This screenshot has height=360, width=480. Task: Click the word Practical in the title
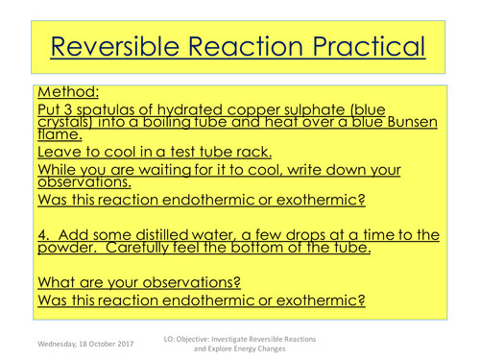tap(357, 47)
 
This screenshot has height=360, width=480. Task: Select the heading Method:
tap(67, 94)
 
